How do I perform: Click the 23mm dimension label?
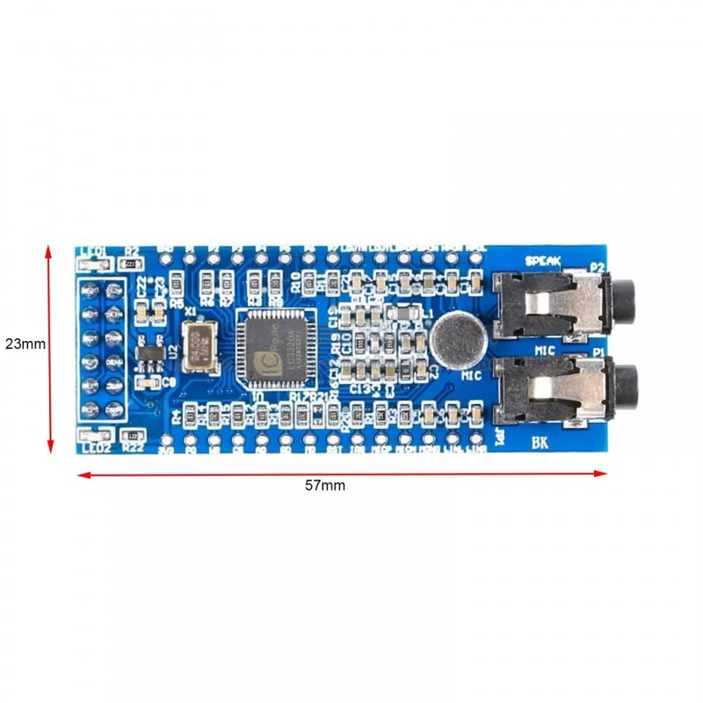tap(24, 344)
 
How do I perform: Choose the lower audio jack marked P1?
tap(562, 387)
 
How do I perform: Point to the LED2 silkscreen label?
tap(95, 447)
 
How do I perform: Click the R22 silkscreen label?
tap(134, 447)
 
